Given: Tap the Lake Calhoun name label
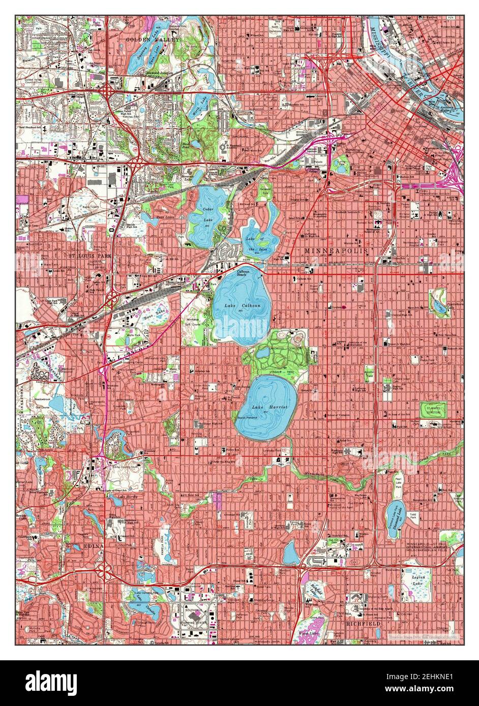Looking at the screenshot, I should tap(237, 306).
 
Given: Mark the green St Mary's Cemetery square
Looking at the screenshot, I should tap(432, 409).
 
